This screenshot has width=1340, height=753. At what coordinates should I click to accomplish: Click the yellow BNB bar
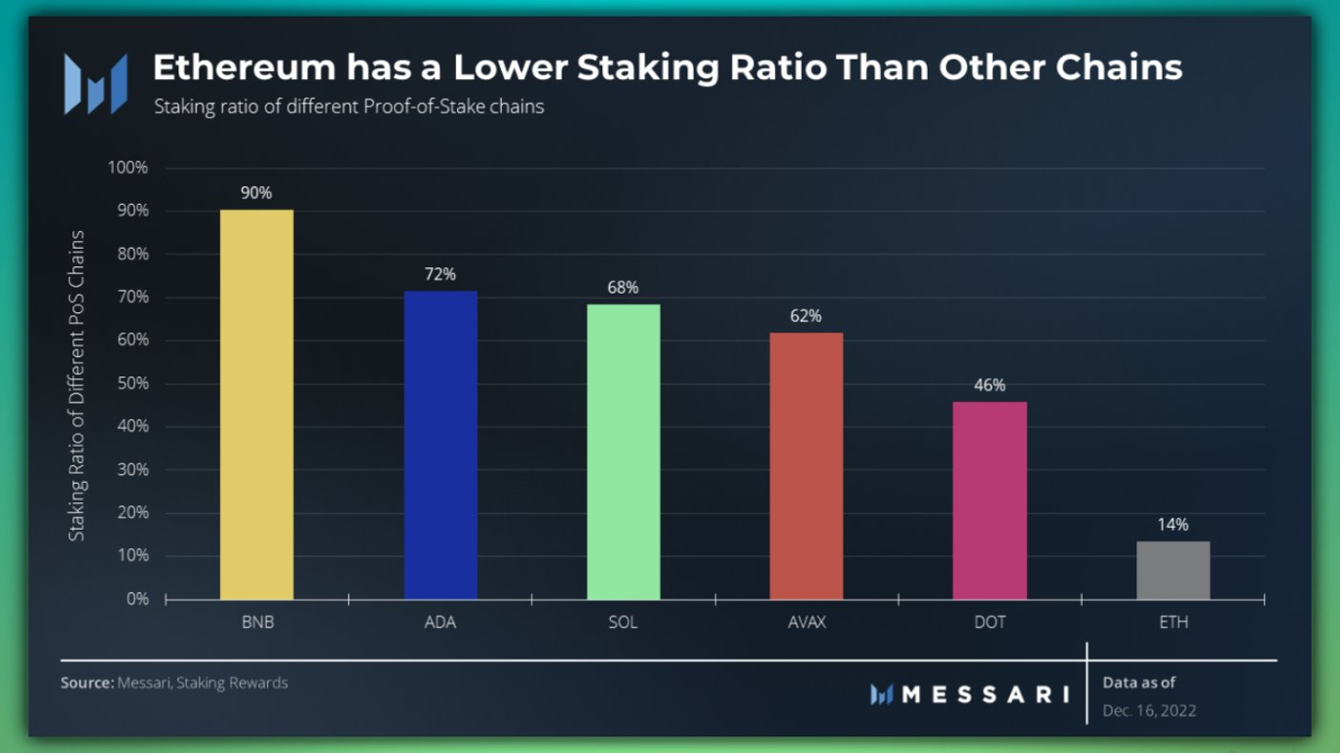(256, 405)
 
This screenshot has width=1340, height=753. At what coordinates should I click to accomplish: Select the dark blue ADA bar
(440, 445)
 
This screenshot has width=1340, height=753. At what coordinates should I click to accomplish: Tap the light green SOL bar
(623, 452)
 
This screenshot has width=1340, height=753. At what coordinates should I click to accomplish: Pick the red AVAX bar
(806, 466)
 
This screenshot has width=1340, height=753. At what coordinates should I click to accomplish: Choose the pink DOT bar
(989, 500)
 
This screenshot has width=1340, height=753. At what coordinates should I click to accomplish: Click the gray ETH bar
(1172, 571)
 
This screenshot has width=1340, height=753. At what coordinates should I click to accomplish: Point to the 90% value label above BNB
(256, 193)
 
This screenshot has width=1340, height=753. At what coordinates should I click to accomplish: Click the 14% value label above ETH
(1172, 525)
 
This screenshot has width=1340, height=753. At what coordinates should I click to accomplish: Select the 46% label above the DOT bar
(989, 385)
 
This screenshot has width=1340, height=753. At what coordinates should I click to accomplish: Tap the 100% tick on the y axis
(128, 168)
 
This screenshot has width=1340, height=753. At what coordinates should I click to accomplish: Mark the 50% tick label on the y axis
(131, 383)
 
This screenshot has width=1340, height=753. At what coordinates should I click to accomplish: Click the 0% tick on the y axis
(136, 599)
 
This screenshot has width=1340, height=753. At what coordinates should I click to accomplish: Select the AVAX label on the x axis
(806, 622)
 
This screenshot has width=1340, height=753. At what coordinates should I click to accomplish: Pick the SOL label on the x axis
(623, 622)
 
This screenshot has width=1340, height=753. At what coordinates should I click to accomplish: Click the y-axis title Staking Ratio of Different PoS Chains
(77, 385)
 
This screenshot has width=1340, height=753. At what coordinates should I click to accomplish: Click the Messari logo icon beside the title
(96, 84)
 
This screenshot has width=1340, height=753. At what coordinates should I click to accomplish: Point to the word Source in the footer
(86, 683)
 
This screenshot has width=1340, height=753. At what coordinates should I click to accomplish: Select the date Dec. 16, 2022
(1149, 710)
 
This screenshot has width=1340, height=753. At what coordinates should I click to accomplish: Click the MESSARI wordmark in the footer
(984, 694)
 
